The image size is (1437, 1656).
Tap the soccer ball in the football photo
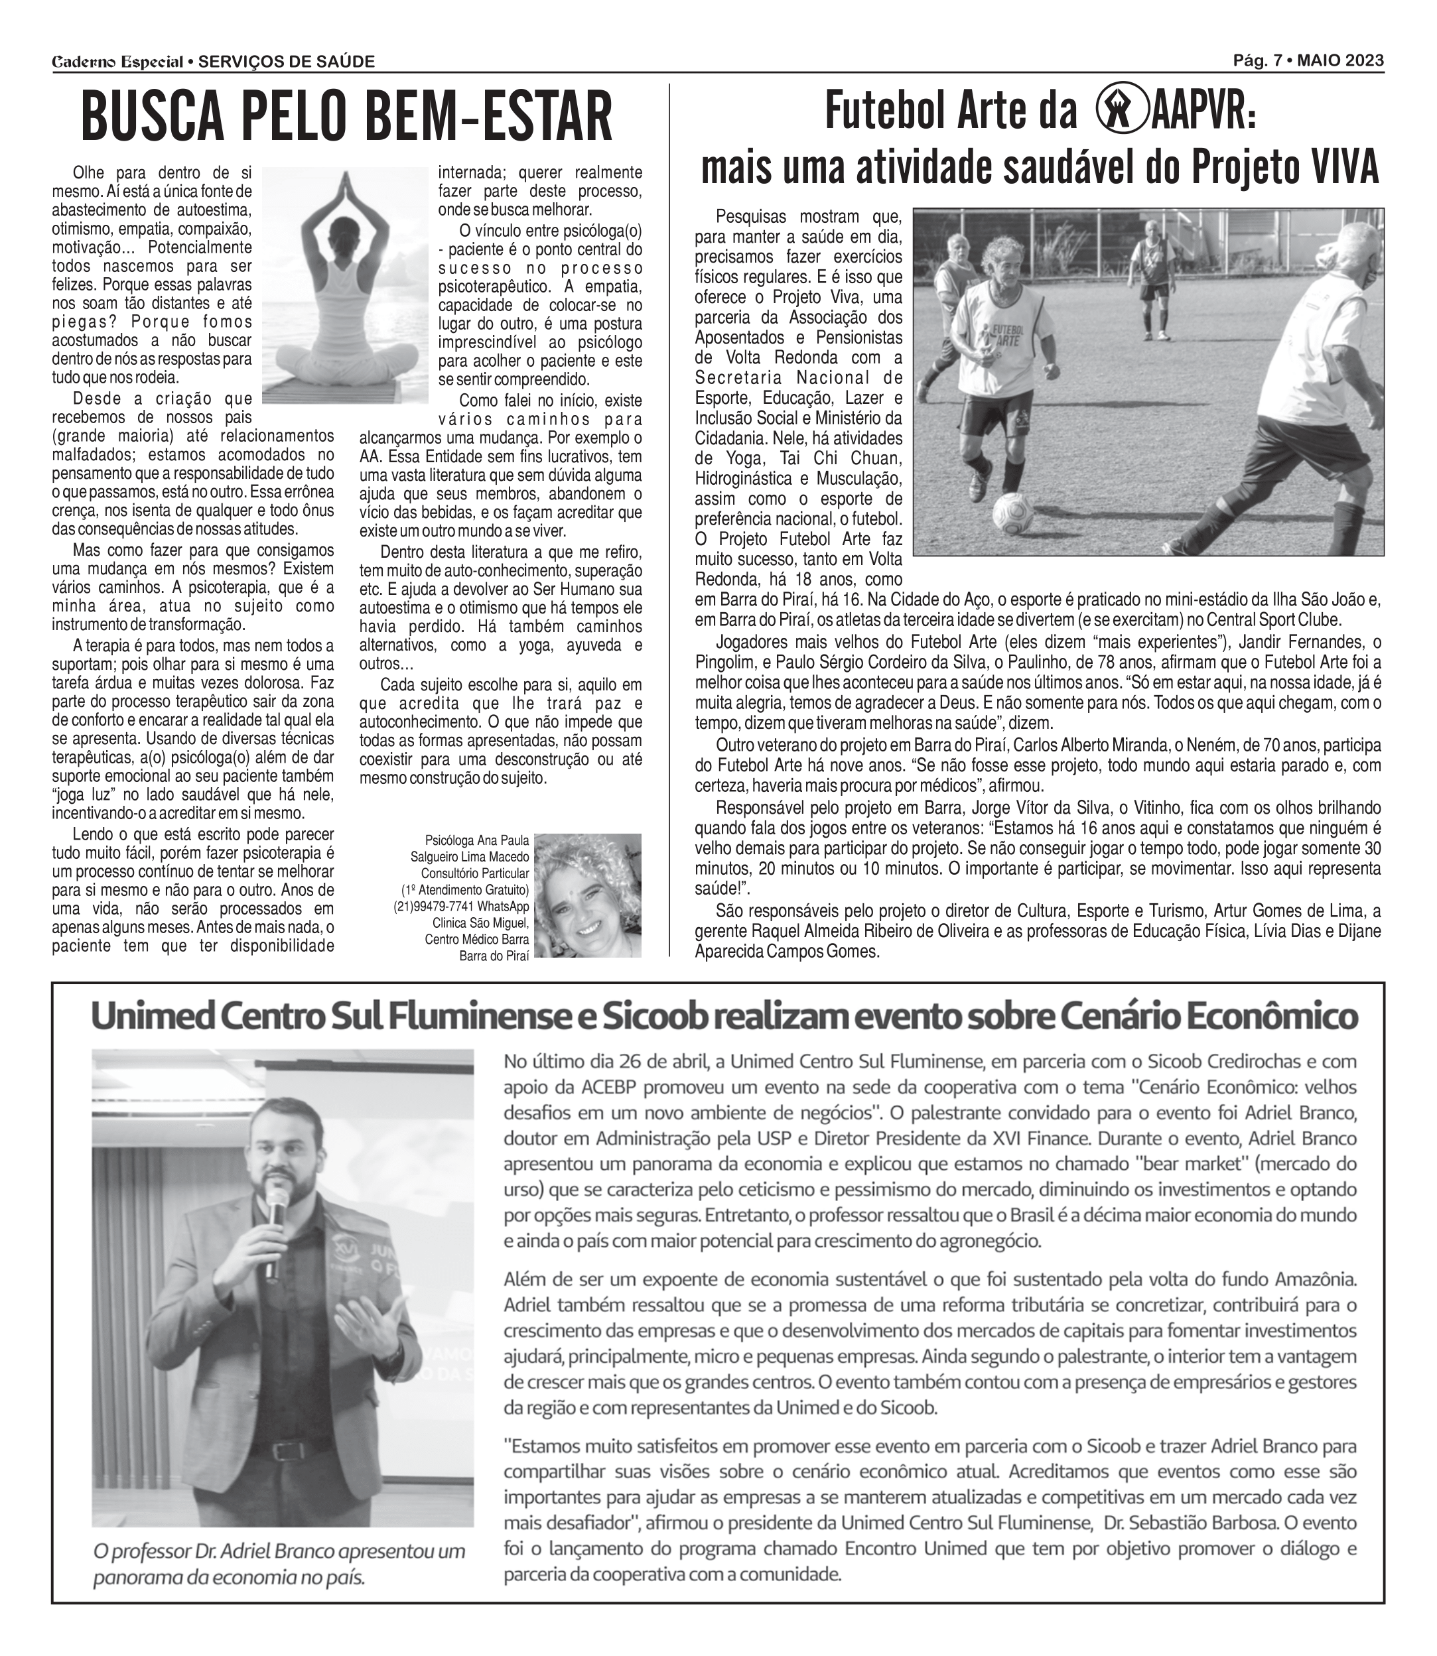(1013, 513)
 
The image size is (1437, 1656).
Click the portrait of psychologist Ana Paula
(588, 895)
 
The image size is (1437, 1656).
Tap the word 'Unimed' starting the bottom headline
(145, 1017)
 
